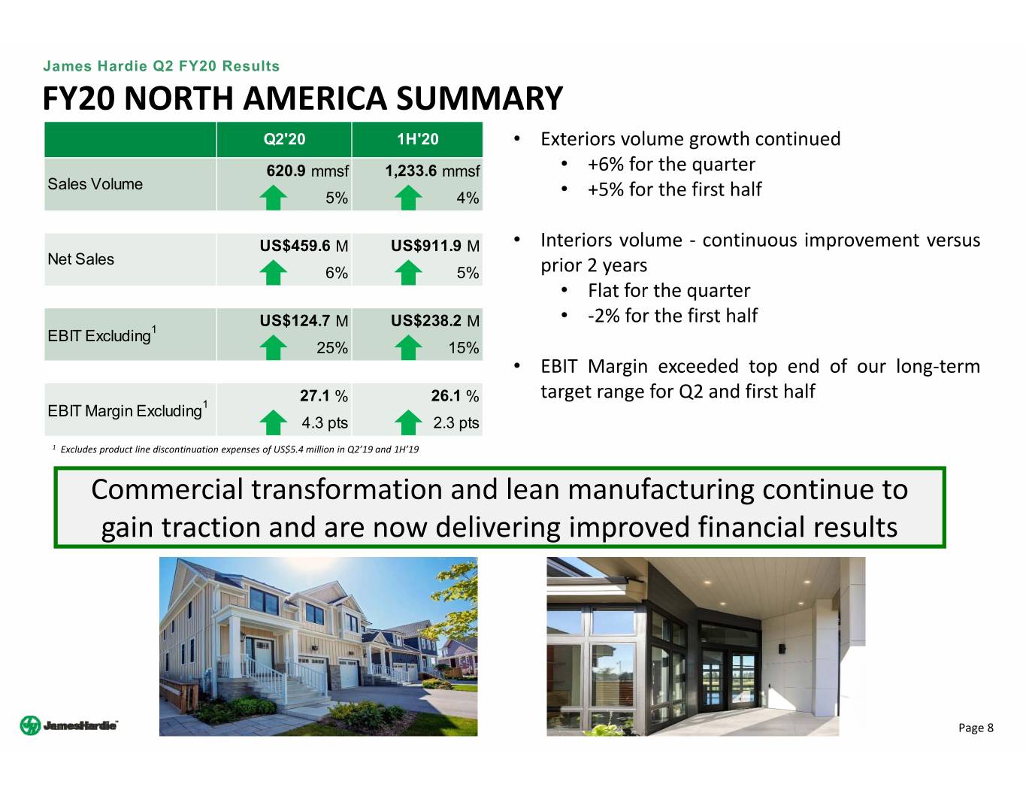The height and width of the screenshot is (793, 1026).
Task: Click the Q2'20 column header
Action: (x=284, y=139)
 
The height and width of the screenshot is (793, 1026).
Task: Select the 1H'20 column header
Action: (x=417, y=139)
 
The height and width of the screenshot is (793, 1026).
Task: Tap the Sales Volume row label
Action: (x=95, y=183)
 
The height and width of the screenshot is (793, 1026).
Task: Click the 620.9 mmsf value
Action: (x=307, y=171)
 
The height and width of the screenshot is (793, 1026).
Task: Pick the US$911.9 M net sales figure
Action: (x=435, y=246)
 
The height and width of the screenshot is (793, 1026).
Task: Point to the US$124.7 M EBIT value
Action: (x=304, y=321)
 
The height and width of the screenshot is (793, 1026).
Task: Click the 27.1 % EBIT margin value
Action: (x=324, y=395)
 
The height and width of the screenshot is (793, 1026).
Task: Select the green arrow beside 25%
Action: (x=274, y=347)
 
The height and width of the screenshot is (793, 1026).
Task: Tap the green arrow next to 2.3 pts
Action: (x=408, y=422)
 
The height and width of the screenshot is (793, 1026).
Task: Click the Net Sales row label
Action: (x=80, y=259)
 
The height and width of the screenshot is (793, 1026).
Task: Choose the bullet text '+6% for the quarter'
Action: (x=671, y=165)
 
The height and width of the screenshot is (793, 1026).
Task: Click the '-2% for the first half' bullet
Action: (x=673, y=315)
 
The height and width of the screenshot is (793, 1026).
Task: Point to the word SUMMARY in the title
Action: (x=480, y=98)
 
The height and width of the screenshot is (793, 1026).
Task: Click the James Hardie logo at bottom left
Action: (x=69, y=725)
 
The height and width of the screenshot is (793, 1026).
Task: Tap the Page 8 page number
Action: (x=976, y=728)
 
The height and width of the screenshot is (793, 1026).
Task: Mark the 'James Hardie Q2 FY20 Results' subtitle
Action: (x=162, y=66)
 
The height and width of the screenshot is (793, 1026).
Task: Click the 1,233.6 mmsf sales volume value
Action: (x=432, y=171)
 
